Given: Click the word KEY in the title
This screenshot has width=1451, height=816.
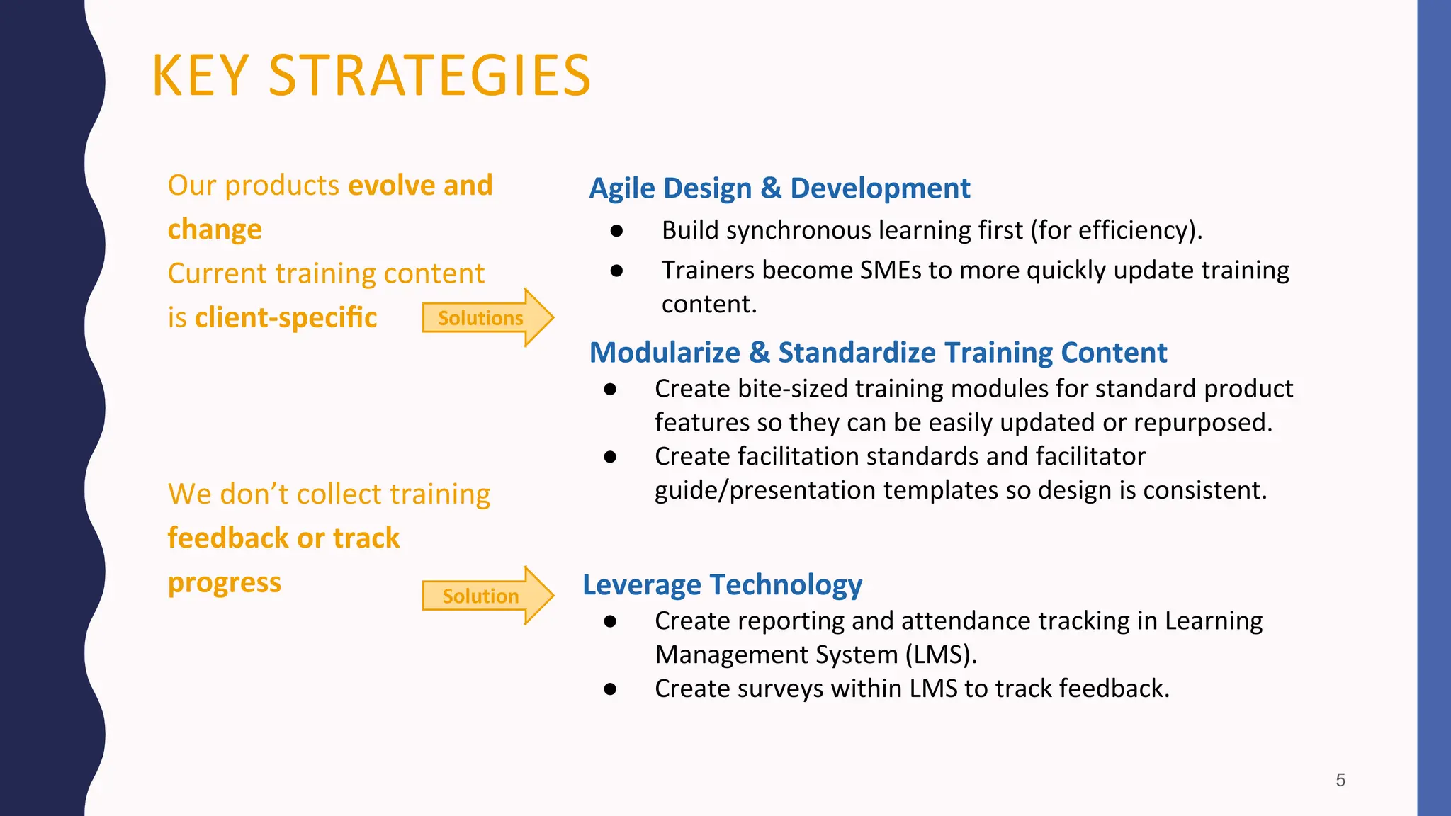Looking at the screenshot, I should [201, 76].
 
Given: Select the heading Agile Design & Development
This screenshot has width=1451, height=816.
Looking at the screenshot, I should [779, 188].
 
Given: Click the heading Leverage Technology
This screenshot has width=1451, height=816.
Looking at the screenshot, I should [722, 585].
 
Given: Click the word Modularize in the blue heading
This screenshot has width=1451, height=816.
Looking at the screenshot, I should [665, 353].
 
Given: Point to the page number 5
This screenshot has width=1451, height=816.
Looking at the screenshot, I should [1340, 780].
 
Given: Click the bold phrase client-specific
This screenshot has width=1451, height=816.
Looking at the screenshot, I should [286, 317].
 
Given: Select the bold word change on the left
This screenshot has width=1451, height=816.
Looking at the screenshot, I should [215, 229].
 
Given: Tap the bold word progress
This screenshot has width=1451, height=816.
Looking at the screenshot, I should [224, 582].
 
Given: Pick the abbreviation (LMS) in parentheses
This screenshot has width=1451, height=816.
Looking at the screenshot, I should [941, 654].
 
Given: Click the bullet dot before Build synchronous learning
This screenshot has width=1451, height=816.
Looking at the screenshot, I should [616, 231].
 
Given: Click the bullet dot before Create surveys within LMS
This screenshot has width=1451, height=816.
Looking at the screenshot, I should [610, 688].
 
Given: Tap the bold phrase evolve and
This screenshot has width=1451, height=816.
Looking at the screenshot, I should [420, 186].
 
